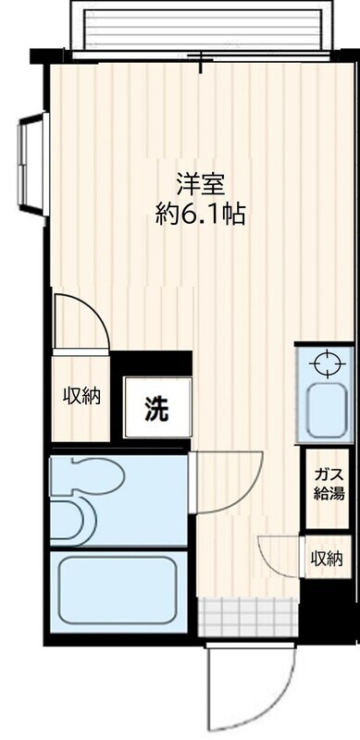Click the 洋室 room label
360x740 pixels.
[200, 184]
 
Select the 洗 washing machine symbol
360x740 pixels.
[156, 408]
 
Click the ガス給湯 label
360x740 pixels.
[329, 484]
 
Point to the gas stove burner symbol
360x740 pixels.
[328, 364]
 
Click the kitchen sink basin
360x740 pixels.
[327, 410]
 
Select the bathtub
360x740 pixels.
[118, 590]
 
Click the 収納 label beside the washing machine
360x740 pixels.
[81, 396]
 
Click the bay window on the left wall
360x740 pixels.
[33, 165]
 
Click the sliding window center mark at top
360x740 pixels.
[202, 60]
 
